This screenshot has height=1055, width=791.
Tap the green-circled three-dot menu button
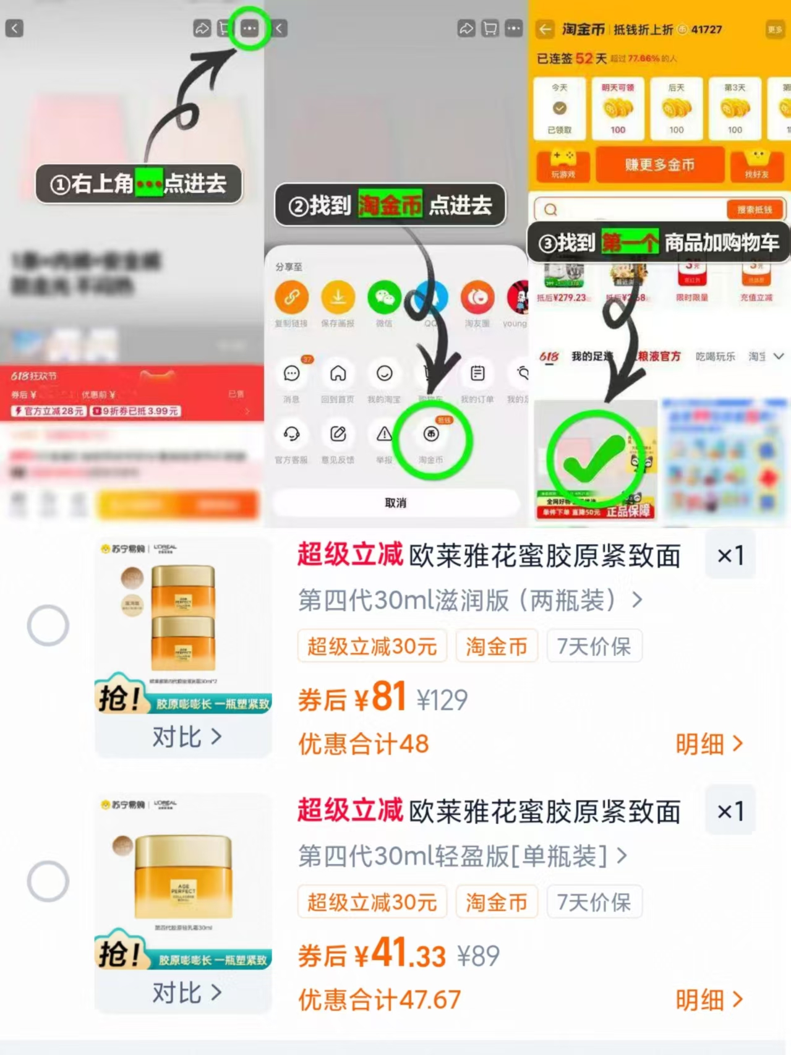point(249,28)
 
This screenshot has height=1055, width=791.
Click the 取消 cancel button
point(396,503)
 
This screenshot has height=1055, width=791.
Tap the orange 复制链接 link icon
point(291,297)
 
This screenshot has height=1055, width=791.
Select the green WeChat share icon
point(384,297)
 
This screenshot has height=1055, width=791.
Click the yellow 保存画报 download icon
point(338,297)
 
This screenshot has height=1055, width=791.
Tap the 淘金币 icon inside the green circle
point(431,435)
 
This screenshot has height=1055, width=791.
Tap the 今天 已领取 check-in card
point(560,109)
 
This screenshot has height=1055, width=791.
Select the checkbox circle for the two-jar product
point(48,625)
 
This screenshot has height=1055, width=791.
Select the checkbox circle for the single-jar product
point(48,881)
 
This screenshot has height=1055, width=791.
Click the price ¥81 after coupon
point(381,698)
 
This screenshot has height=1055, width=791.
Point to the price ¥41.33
point(408,955)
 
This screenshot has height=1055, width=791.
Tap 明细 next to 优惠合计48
point(709,744)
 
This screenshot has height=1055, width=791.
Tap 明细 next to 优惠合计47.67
point(709,1000)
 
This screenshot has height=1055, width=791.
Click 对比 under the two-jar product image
point(186,737)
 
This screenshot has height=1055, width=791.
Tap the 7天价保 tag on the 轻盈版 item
point(594,902)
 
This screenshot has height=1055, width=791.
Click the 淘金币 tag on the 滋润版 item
point(497,647)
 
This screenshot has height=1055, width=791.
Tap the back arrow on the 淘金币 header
point(545,29)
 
